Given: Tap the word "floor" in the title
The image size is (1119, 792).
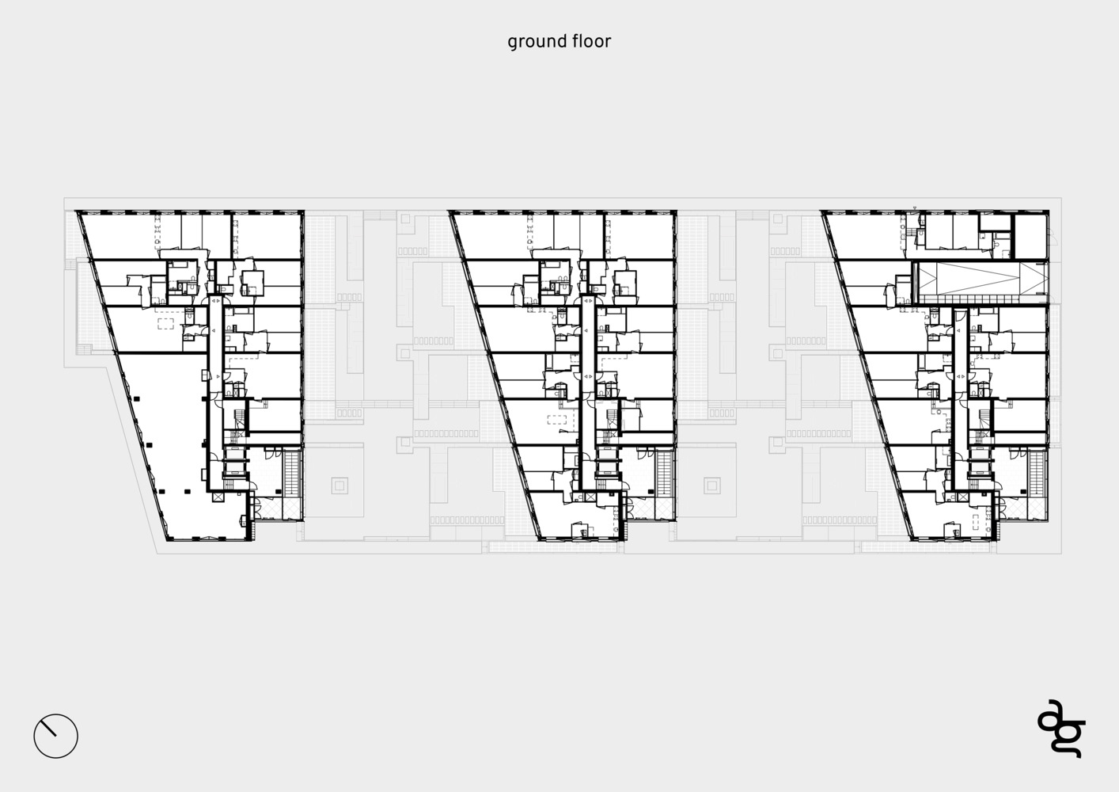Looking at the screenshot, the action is tap(593, 40).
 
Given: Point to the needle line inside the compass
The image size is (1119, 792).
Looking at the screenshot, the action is tap(49, 729).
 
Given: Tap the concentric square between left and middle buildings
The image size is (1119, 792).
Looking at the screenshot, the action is tap(339, 485).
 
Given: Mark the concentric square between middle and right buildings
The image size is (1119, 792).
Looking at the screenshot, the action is tap(712, 485).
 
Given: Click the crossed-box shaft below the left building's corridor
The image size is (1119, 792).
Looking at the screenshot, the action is tap(218, 497).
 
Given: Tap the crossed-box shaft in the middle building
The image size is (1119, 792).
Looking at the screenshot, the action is tap(590, 497).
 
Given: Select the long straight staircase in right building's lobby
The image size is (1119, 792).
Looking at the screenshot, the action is tap(1037, 474).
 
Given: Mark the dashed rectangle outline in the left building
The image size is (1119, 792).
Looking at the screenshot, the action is tap(166, 323).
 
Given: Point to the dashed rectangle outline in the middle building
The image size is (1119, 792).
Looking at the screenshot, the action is tap(557, 419).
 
